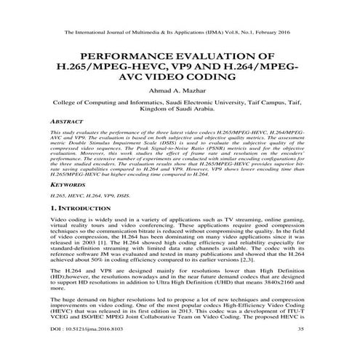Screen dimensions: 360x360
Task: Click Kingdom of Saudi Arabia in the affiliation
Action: [180, 110]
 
